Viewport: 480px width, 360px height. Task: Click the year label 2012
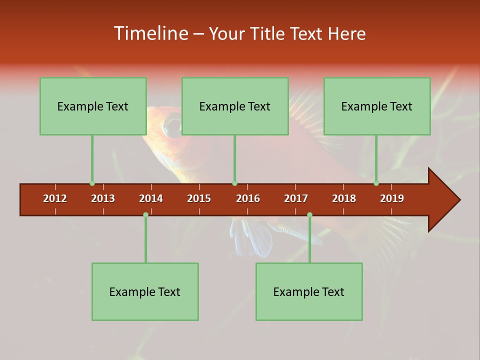[x=55, y=198]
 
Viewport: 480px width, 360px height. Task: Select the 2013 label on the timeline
[x=103, y=198]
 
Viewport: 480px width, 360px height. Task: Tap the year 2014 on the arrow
[x=151, y=198]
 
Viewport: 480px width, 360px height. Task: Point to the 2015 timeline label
[x=199, y=198]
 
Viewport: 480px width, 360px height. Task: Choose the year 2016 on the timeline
[x=248, y=198]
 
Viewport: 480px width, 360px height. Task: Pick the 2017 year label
[x=296, y=198]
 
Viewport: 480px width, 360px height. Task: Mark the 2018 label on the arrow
[x=344, y=198]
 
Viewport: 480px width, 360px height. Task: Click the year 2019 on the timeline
[x=392, y=198]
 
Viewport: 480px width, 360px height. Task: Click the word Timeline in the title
[x=149, y=33]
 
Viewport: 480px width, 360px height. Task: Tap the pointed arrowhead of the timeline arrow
[x=447, y=200]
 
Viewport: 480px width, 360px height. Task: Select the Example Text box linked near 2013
[x=93, y=106]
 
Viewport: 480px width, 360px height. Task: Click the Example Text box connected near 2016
[x=235, y=106]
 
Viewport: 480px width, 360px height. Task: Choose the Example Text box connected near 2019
[x=377, y=106]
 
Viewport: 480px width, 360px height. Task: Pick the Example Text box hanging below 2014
[x=145, y=291]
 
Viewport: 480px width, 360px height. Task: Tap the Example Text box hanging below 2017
[x=309, y=291]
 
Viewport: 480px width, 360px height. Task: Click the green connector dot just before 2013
[x=92, y=183]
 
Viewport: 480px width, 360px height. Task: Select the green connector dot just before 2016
[x=234, y=183]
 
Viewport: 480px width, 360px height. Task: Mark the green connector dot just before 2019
[x=376, y=183]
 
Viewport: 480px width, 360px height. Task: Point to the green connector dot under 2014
[x=145, y=214]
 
